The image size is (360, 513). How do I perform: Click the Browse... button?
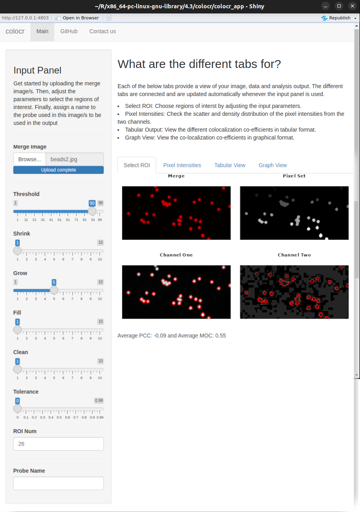coord(30,159)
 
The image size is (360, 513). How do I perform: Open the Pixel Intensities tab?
coord(182,165)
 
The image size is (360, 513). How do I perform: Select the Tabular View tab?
coord(229,165)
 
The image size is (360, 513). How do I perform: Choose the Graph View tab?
coord(273,165)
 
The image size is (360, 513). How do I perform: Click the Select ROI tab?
coord(137,165)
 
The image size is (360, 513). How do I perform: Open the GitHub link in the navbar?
coord(69,31)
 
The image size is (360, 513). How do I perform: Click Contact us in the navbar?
coord(102,31)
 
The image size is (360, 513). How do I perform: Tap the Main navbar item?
coord(42,31)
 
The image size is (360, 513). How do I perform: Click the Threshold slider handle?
coord(92,211)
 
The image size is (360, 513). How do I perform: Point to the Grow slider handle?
coord(54,290)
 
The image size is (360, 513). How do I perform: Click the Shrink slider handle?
coord(17,251)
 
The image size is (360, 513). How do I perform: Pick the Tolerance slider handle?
coord(17,409)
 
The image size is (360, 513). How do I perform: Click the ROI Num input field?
coord(59,444)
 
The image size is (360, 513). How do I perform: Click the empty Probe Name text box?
coord(59,483)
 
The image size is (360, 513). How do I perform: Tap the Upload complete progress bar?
coord(59,170)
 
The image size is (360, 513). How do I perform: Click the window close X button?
coord(352,6)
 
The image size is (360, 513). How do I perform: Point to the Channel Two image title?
coord(294,255)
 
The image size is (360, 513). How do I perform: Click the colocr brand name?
coord(15,31)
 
